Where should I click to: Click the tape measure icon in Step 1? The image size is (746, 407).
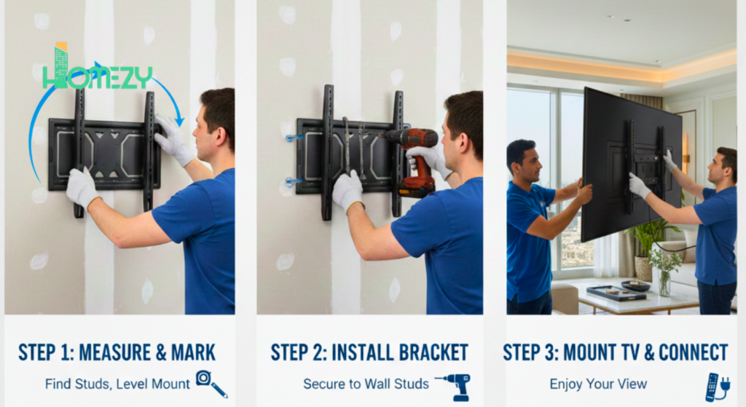coord(211,383)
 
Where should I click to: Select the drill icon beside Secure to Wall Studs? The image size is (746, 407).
coord(452,385)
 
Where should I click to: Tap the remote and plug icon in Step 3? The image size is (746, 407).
coord(717,386)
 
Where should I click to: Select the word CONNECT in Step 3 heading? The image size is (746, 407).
coord(693,353)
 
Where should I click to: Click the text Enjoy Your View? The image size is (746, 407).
coord(598,384)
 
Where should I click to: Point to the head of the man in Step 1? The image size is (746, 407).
coord(216,120)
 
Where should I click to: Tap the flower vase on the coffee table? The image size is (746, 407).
coord(664,280)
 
